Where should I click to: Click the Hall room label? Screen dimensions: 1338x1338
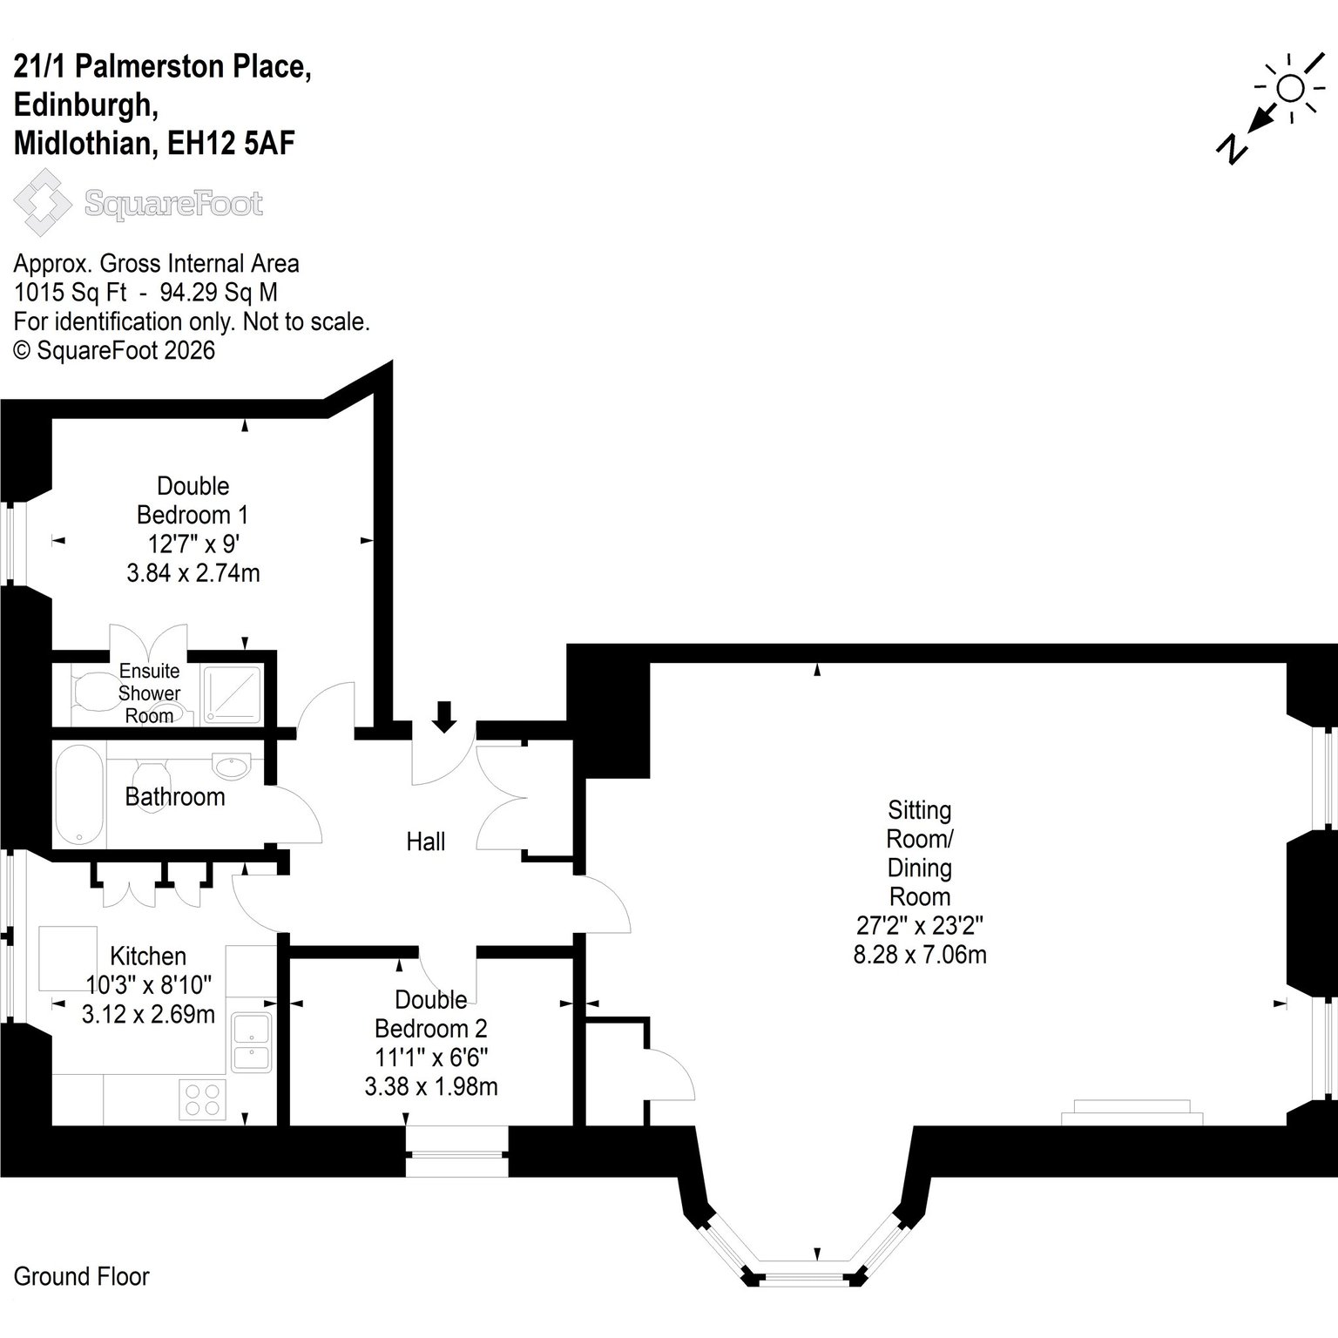425,841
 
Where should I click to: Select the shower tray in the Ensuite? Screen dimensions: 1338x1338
231,694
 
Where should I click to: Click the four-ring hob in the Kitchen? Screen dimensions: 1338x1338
202,1099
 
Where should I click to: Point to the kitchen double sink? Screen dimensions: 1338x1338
252,1042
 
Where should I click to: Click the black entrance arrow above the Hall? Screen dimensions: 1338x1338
444,716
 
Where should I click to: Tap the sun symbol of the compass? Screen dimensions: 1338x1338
1290,88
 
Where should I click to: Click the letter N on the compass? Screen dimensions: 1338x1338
1231,150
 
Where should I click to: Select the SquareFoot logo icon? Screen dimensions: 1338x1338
43,203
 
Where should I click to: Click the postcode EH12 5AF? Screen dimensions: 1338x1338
231,143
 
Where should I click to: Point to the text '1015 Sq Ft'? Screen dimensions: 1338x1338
71,293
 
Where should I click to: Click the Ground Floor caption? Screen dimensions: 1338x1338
82,1277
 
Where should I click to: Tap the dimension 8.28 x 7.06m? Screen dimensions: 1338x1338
920,955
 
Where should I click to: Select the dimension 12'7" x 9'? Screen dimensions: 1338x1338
193,544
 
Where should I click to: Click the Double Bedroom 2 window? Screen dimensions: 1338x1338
456,1154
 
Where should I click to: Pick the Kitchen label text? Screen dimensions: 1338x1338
148,956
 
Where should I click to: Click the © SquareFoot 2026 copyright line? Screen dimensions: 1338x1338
114,350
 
